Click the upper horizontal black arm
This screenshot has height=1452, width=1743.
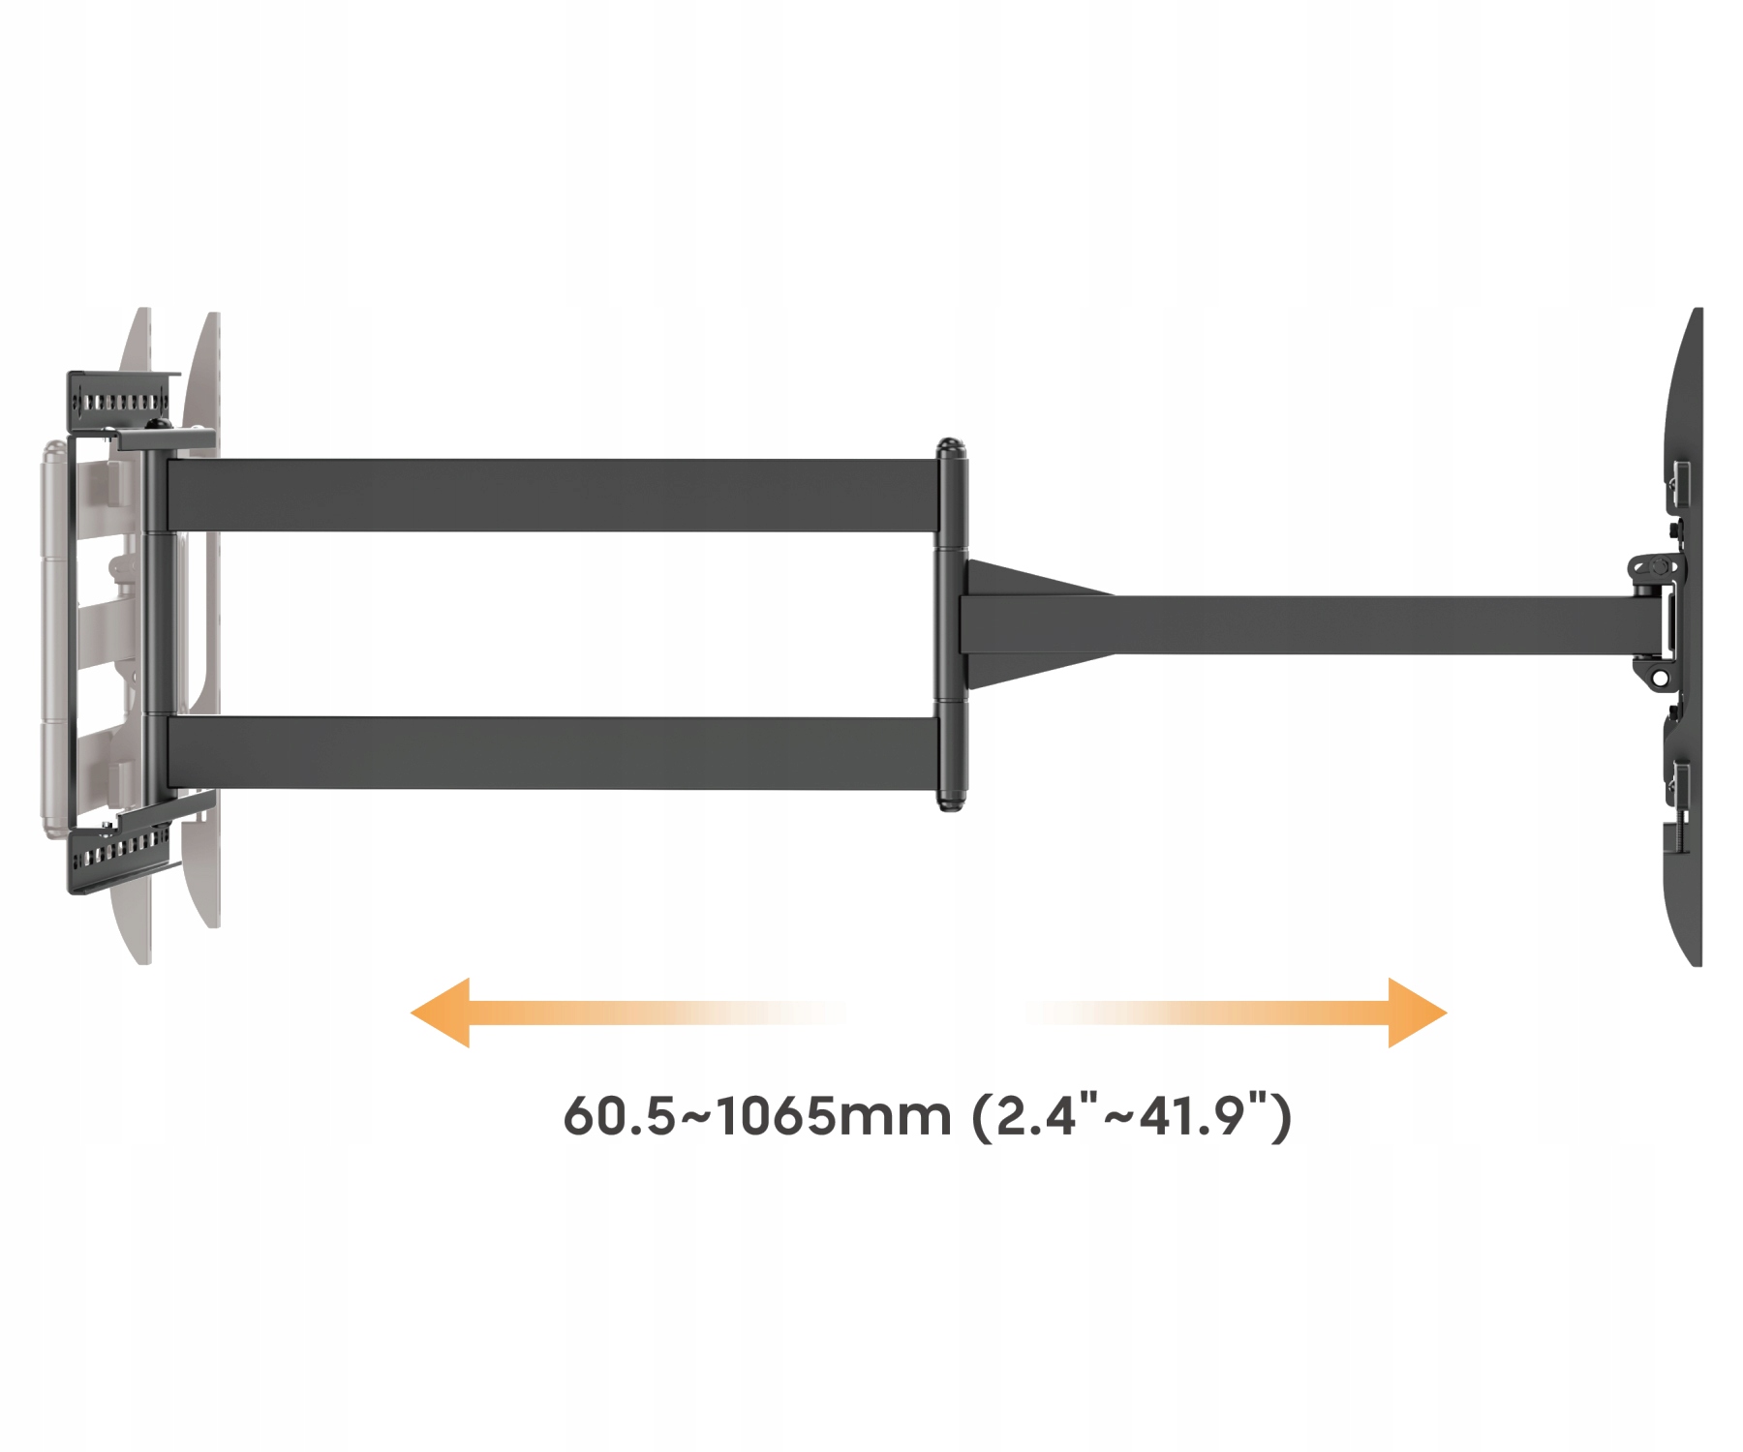552,495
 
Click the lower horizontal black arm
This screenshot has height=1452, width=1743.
552,753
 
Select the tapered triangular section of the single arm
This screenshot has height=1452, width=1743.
1036,624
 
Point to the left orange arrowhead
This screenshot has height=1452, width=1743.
442,1013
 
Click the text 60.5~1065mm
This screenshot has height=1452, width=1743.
757,1116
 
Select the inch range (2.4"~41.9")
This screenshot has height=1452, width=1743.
1132,1116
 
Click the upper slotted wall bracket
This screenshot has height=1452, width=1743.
121,399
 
